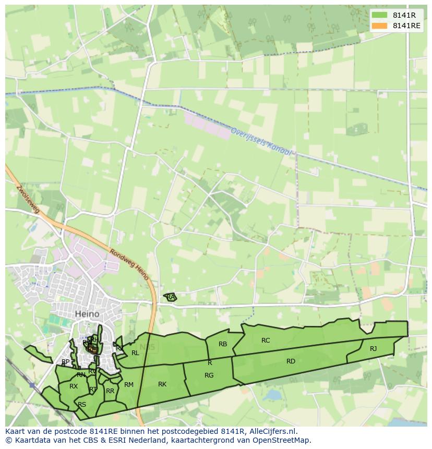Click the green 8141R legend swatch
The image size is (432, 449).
(380, 15)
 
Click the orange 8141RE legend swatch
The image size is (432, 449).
(380, 26)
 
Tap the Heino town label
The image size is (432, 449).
(87, 314)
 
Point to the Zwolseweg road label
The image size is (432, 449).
(28, 199)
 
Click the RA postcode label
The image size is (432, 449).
(171, 297)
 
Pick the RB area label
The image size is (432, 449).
(223, 344)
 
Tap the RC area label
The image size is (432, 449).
(266, 341)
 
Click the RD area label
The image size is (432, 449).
(291, 361)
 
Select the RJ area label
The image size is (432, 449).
(373, 349)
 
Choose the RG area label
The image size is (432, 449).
(209, 375)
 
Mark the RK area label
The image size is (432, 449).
(162, 384)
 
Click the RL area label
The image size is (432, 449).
(135, 353)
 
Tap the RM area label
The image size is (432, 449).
(129, 385)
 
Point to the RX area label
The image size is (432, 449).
(74, 386)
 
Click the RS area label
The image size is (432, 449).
(82, 405)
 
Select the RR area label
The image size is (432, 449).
(110, 391)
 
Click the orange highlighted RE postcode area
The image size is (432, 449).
(92, 349)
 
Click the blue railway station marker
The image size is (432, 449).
(32, 385)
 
